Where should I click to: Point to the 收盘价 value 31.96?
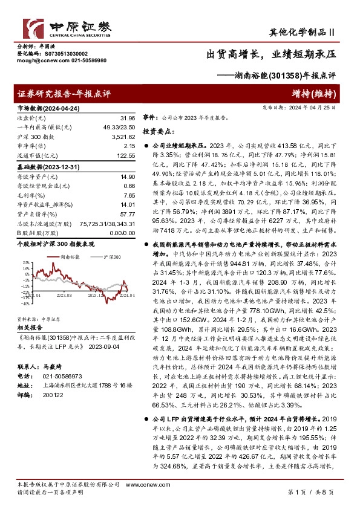pos(128,118)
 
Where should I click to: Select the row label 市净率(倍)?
pos(32,146)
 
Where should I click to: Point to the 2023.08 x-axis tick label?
pos(65,295)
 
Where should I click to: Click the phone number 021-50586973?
pos(58,375)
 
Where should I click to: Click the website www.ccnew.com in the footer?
pos(139,485)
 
